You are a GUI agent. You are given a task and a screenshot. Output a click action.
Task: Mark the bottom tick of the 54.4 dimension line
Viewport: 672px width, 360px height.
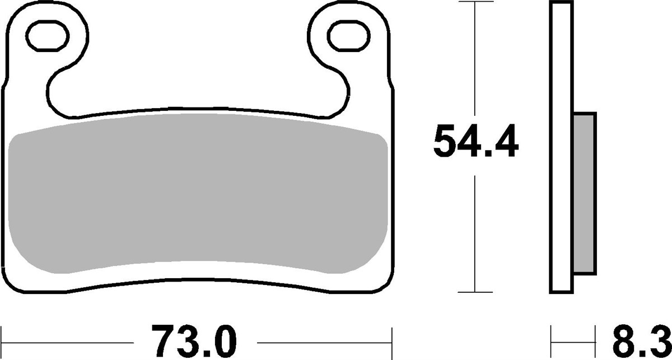click(475, 292)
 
